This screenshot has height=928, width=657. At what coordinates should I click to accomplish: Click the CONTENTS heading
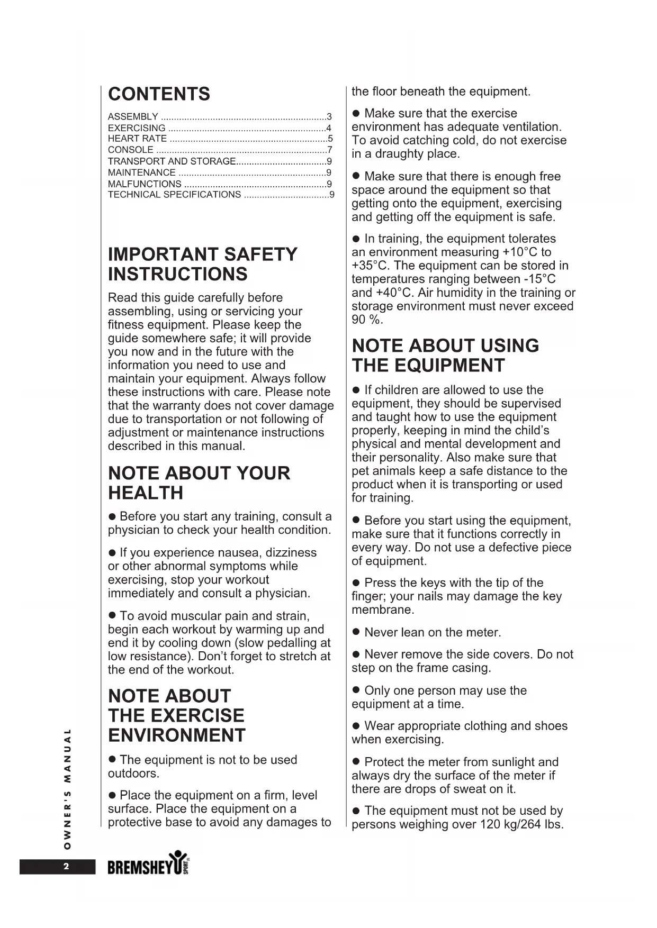point(159,94)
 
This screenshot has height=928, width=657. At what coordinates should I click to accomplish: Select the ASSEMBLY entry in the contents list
point(133,116)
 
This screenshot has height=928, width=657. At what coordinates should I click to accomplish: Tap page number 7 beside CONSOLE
point(330,150)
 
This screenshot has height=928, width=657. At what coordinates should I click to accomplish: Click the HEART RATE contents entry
point(137,139)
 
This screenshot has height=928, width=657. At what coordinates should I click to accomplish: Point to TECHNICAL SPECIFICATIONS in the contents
point(174,195)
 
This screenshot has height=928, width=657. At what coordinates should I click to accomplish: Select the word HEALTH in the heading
point(146,493)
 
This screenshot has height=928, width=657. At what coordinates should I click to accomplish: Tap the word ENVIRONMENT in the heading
point(177,735)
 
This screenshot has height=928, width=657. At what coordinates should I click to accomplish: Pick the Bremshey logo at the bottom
point(148,866)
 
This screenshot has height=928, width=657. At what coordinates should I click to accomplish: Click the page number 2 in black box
point(66,867)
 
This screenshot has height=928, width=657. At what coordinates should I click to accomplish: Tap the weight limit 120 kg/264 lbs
point(521,824)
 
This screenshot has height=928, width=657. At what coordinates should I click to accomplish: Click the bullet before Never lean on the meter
point(356,633)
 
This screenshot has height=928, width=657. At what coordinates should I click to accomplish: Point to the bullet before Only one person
point(356,691)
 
